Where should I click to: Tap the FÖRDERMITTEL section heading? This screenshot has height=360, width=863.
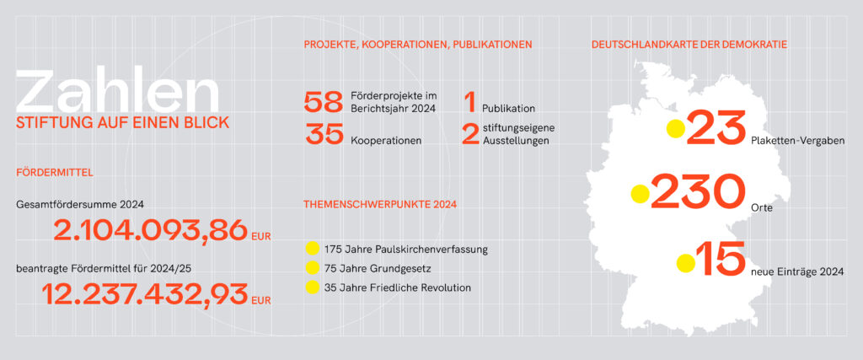click(54, 173)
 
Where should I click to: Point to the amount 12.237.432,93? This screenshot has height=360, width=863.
click(145, 294)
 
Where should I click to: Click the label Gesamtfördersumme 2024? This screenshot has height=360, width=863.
click(80, 204)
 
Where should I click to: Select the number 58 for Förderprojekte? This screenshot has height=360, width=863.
click(324, 103)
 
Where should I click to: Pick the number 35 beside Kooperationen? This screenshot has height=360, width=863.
click(324, 135)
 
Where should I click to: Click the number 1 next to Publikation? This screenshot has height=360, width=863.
click(469, 103)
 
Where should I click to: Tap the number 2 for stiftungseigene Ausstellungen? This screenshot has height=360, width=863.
click(470, 135)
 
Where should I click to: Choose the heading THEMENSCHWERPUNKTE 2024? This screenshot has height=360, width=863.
click(379, 204)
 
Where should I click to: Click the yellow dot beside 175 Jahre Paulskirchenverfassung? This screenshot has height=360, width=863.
click(313, 249)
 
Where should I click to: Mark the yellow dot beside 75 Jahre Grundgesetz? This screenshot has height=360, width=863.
click(313, 268)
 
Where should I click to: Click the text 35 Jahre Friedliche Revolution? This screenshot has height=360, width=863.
click(397, 287)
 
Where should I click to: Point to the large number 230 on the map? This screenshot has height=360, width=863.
click(698, 193)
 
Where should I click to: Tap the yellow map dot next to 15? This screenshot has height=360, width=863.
click(685, 263)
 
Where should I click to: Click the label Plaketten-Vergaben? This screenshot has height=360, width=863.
click(796, 141)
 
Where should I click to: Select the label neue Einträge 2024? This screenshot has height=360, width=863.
click(796, 271)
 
